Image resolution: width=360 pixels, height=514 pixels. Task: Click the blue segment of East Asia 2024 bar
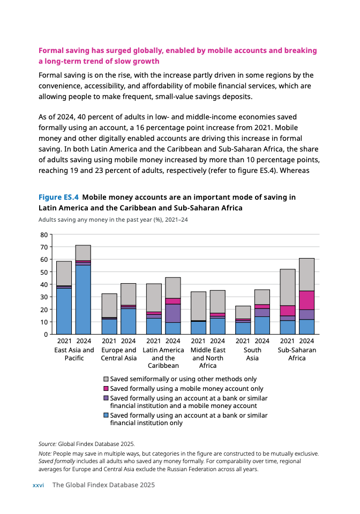click(83, 300)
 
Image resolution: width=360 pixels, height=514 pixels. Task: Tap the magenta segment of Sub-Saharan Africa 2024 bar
click(306, 300)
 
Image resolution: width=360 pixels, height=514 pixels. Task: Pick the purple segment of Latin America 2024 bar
click(172, 313)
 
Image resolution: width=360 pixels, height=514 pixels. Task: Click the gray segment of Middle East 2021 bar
click(198, 306)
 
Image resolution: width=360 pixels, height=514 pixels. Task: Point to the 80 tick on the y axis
click(44, 235)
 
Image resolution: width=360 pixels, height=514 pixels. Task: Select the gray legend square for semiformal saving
click(106, 379)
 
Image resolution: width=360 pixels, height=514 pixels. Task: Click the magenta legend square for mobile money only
click(106, 389)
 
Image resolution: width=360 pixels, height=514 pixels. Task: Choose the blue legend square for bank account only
click(106, 415)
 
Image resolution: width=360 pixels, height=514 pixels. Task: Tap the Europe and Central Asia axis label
click(118, 354)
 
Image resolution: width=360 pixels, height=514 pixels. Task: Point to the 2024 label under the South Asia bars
click(262, 341)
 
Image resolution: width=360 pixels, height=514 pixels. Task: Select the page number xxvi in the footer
click(38, 485)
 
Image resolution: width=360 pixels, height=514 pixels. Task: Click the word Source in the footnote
click(47, 444)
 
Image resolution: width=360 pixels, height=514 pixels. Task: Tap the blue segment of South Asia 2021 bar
click(243, 328)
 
